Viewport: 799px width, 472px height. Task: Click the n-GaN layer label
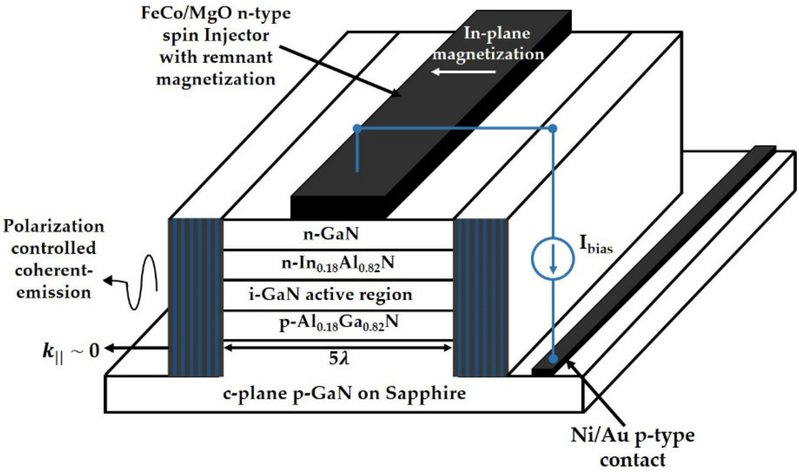pyautogui.click(x=331, y=235)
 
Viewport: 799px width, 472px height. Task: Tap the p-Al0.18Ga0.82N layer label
pyautogui.click(x=338, y=324)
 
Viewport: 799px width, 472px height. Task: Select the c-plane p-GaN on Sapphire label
pyautogui.click(x=344, y=394)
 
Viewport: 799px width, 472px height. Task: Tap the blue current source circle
pyautogui.click(x=553, y=259)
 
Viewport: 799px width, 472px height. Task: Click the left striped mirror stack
pyautogui.click(x=195, y=297)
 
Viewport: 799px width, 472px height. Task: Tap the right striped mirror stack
pyautogui.click(x=481, y=297)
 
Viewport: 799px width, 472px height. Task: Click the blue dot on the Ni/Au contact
pyautogui.click(x=553, y=359)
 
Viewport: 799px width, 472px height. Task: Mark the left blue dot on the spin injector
pyautogui.click(x=357, y=128)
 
